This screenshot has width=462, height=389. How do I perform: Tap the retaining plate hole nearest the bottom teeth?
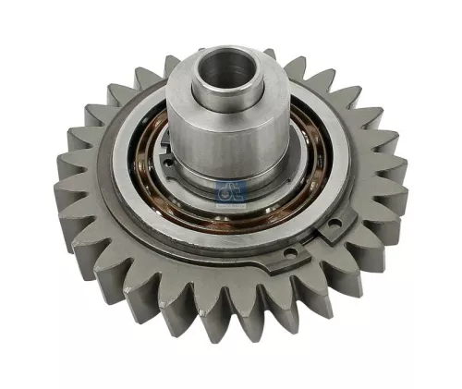tap(289, 251)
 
